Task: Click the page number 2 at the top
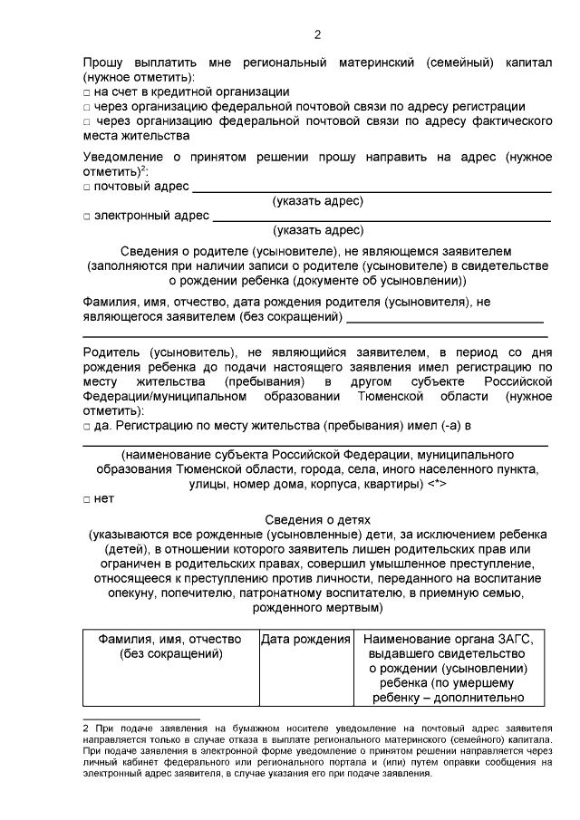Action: pos(317,35)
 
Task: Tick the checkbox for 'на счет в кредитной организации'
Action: pos(86,92)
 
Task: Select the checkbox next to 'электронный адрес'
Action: pos(86,217)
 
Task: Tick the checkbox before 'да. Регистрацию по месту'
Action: pos(86,425)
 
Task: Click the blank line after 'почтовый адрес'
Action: pos(372,189)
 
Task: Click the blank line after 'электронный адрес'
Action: pos(381,219)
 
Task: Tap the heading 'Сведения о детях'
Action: pos(317,519)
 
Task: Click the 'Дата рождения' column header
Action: pos(305,640)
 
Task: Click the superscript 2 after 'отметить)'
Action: pos(144,169)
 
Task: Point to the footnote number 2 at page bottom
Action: pos(85,728)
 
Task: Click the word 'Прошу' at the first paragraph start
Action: pos(103,63)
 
